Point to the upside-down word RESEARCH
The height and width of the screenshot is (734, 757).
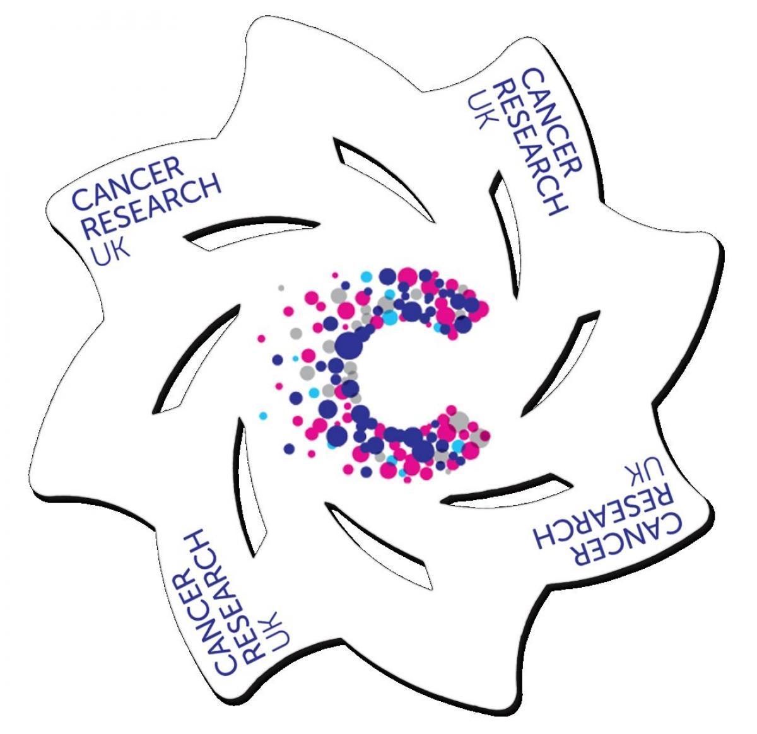[x=601, y=518]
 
